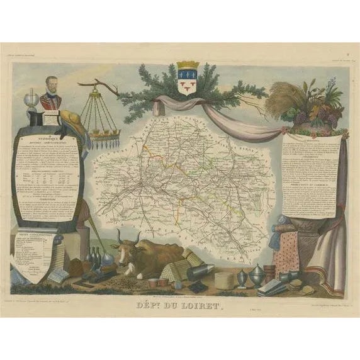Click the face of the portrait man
52,87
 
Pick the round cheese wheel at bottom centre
225,279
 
